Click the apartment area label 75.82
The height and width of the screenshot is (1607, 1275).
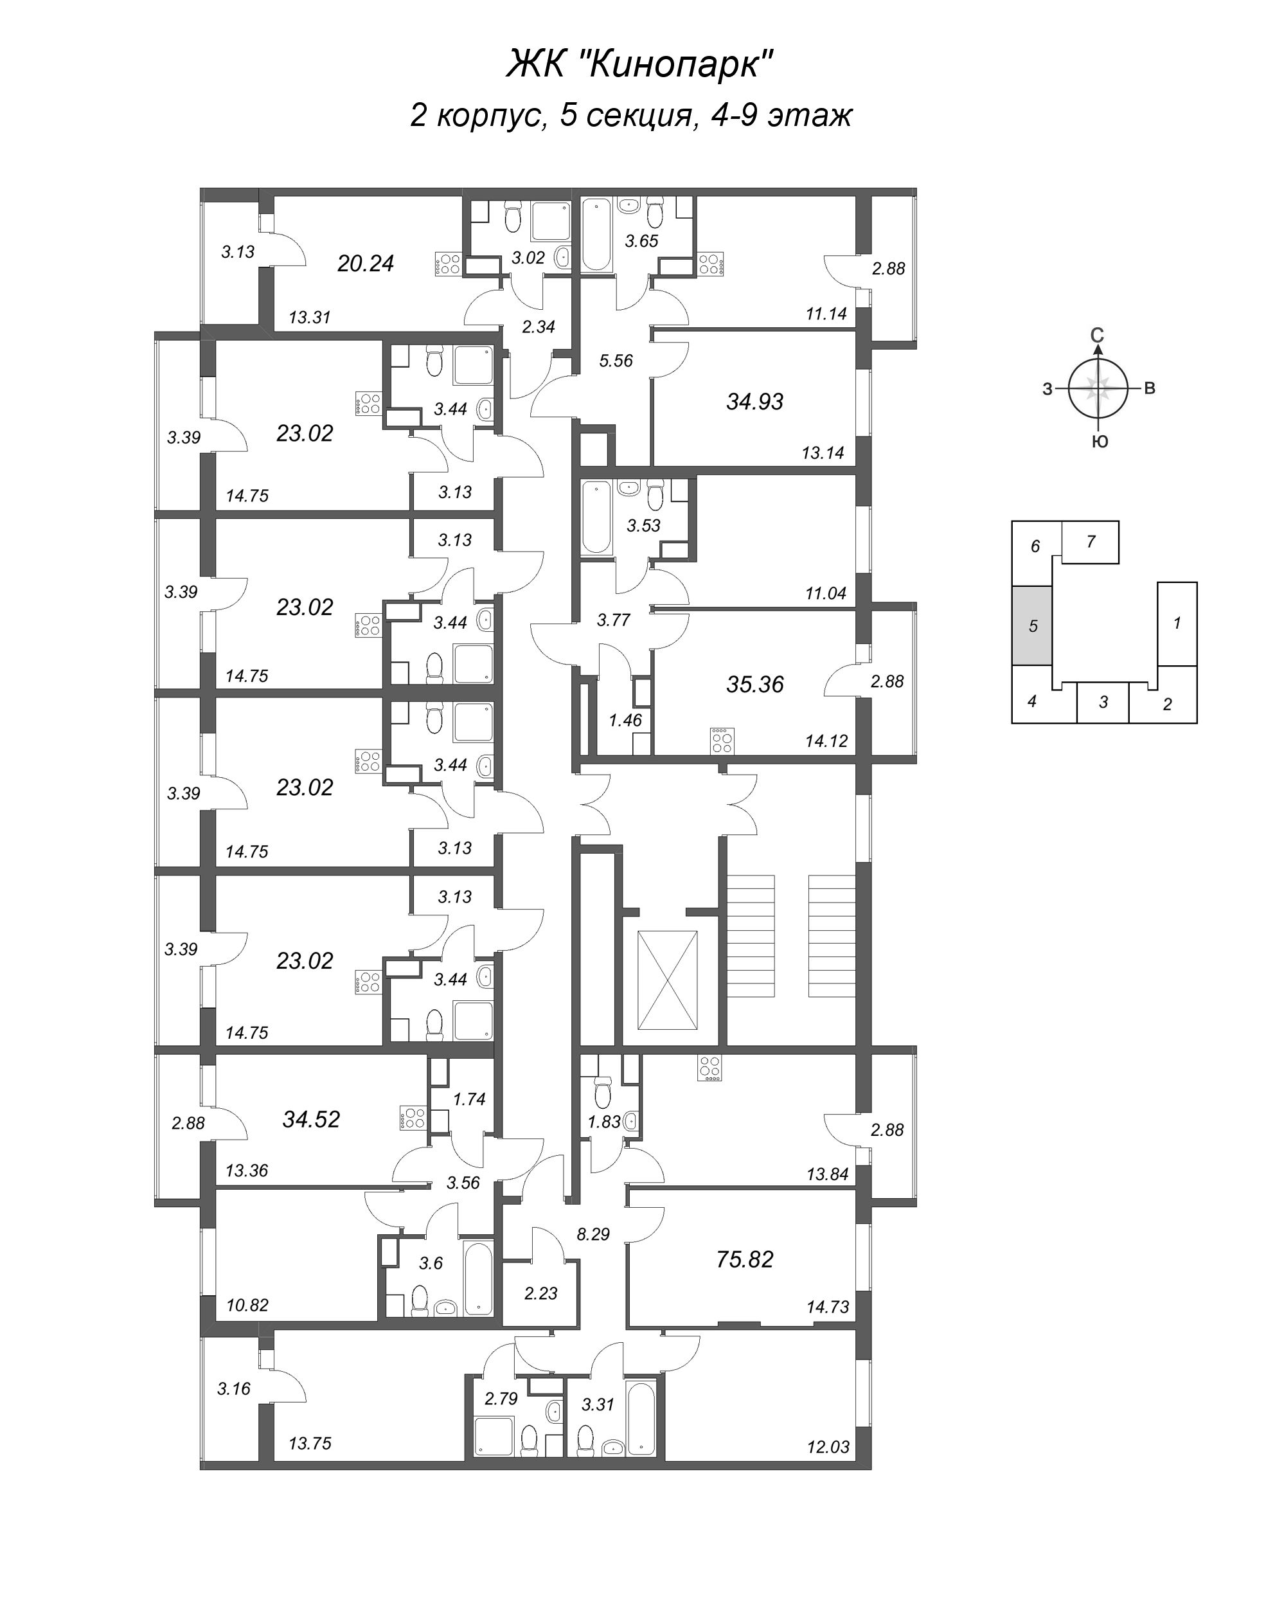(x=744, y=1260)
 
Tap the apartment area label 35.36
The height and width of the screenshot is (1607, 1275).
(x=755, y=684)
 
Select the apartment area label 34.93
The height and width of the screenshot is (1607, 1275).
(x=755, y=402)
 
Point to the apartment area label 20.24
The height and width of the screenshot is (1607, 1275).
(x=365, y=264)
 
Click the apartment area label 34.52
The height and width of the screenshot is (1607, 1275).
(x=312, y=1120)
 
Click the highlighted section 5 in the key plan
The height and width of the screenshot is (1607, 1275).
(x=1032, y=626)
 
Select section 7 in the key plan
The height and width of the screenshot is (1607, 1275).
(x=1090, y=542)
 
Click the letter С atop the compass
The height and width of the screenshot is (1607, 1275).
(x=1097, y=336)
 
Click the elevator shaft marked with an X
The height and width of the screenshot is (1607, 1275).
(x=668, y=980)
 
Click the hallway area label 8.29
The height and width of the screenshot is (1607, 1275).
(x=593, y=1234)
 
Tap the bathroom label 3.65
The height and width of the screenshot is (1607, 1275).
(x=641, y=241)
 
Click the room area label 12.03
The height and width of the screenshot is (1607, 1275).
(x=828, y=1447)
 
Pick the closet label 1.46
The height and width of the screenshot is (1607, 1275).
(x=625, y=720)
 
